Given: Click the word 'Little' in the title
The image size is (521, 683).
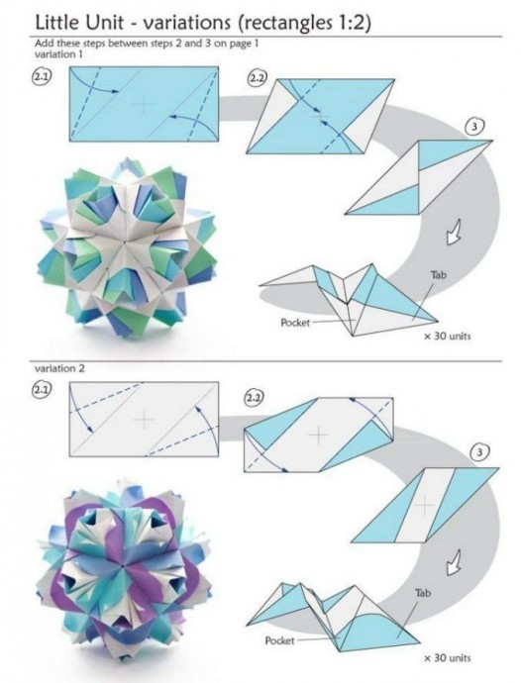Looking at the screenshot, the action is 56,23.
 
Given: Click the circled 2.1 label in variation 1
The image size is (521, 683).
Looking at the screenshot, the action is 41,77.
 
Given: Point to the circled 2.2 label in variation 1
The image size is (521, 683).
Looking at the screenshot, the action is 257,78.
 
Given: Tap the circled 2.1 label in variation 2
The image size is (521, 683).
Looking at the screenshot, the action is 41,390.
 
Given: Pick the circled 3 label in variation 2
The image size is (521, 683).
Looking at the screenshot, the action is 479,452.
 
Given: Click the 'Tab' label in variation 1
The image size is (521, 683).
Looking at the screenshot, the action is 439,275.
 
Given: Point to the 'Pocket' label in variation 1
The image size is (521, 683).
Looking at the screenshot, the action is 295,323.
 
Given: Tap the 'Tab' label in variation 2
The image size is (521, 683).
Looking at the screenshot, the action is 423,592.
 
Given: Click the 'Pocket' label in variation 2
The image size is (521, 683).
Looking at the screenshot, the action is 280,640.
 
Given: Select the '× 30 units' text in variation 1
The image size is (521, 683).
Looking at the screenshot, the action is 448,336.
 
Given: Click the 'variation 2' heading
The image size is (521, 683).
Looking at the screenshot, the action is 59,368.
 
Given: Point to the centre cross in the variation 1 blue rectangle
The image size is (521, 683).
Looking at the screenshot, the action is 145,105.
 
